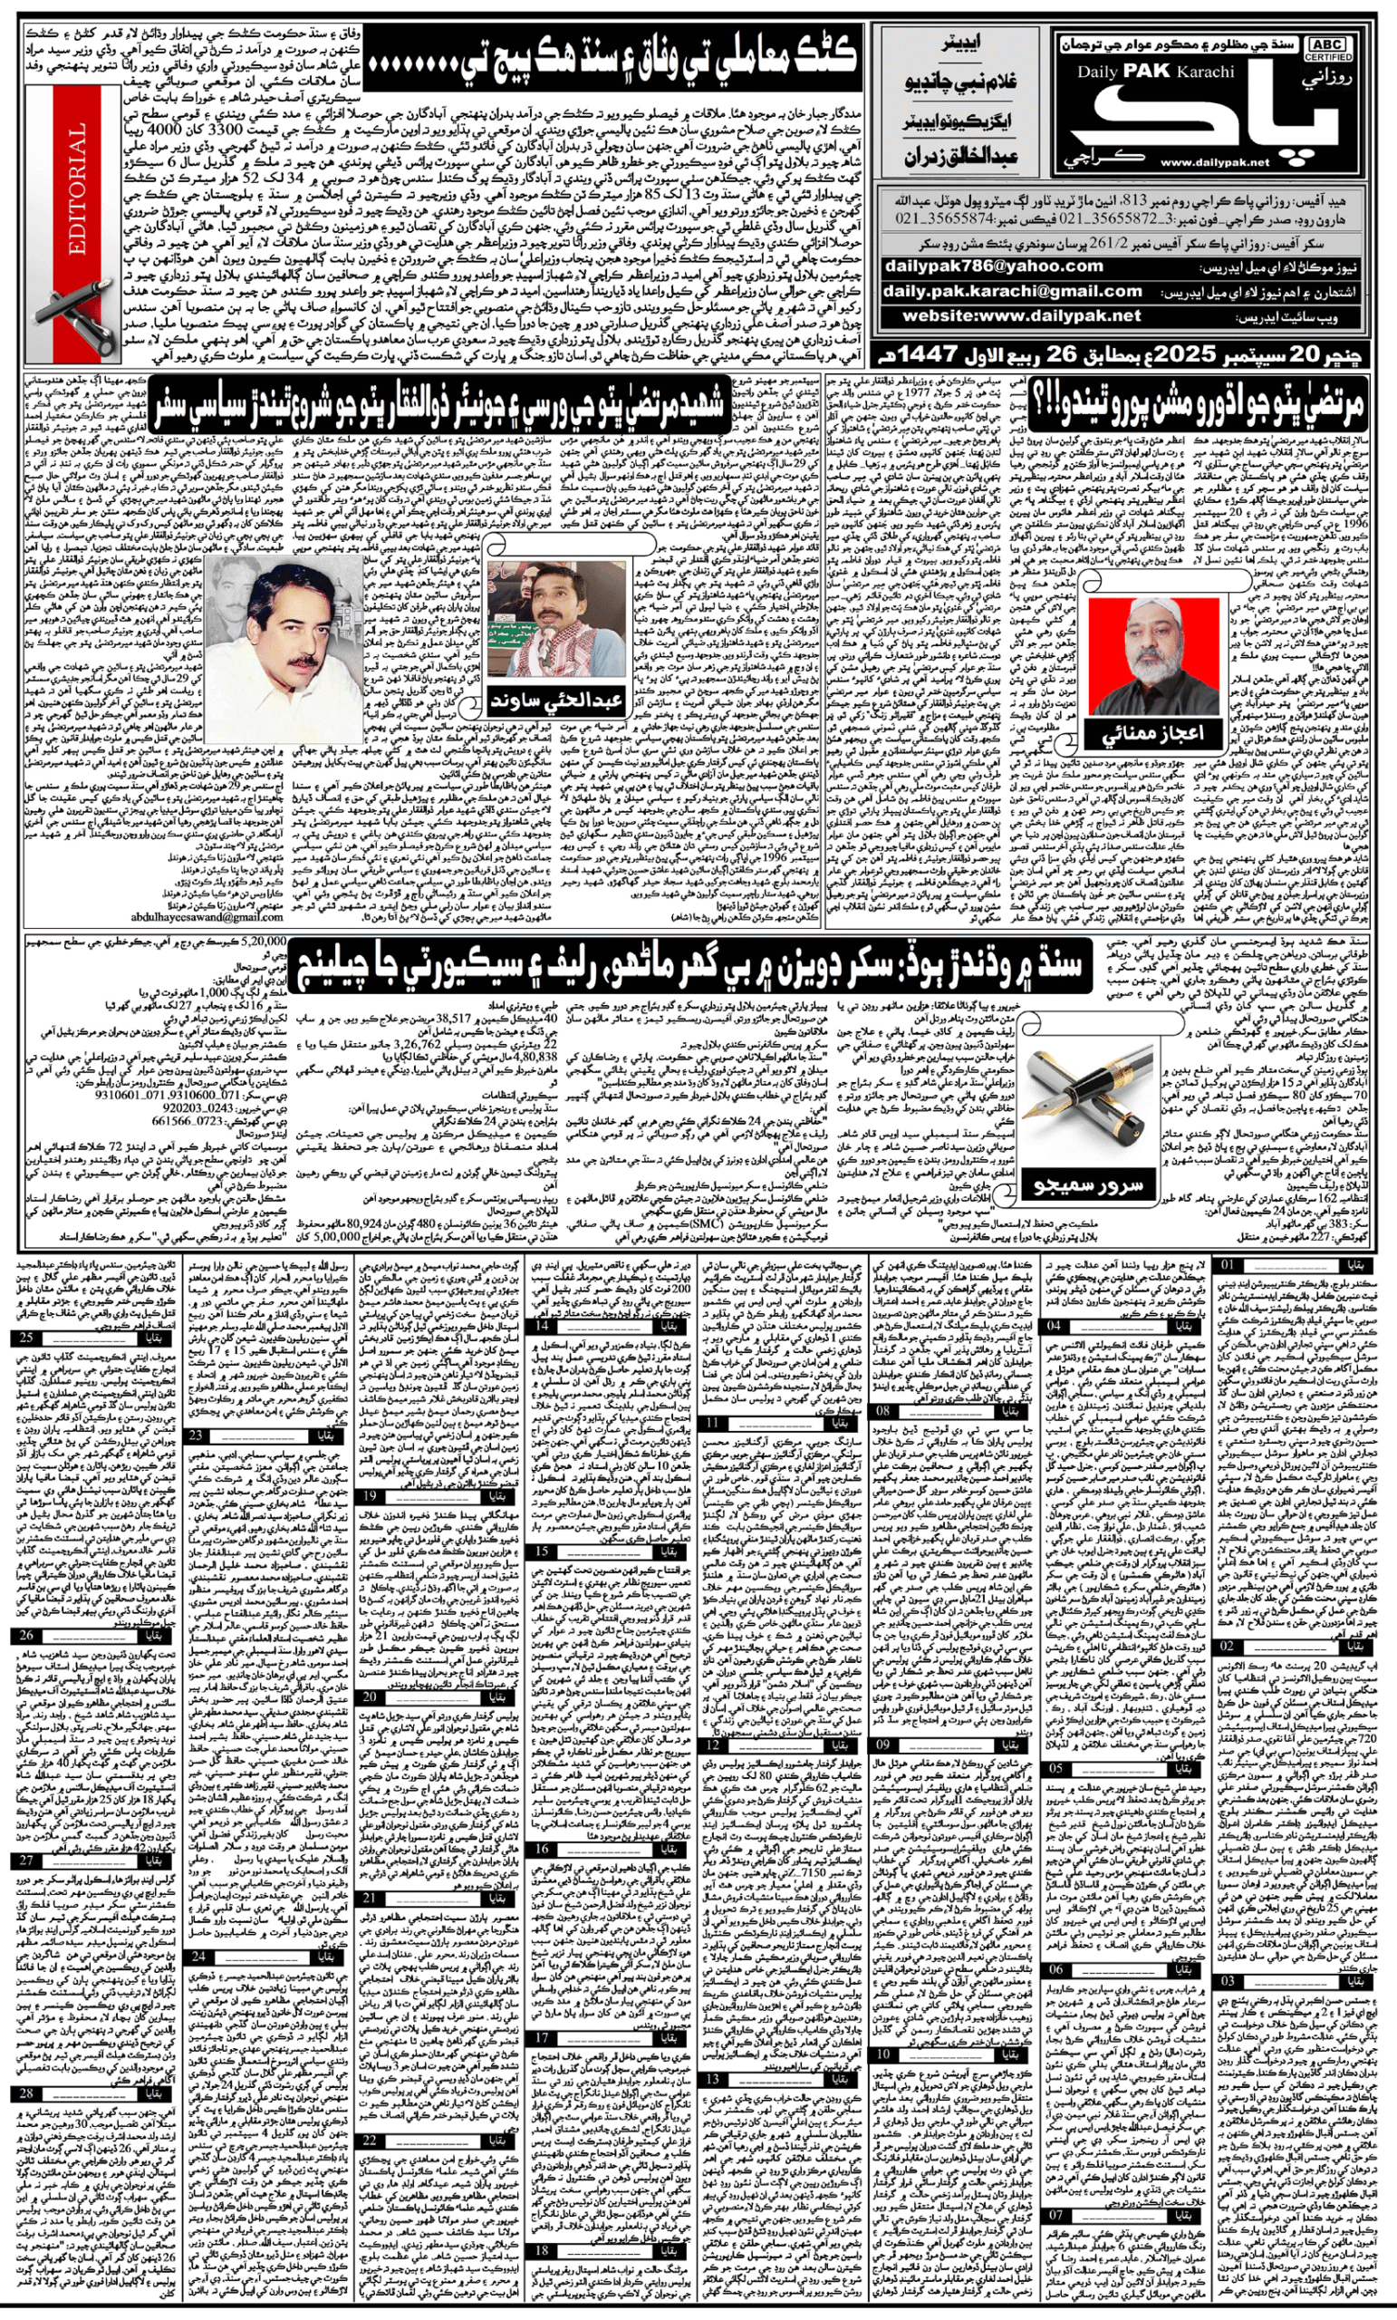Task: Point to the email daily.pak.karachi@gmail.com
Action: (1012, 292)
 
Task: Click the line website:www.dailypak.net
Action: (1021, 316)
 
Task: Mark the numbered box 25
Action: (25, 1338)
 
